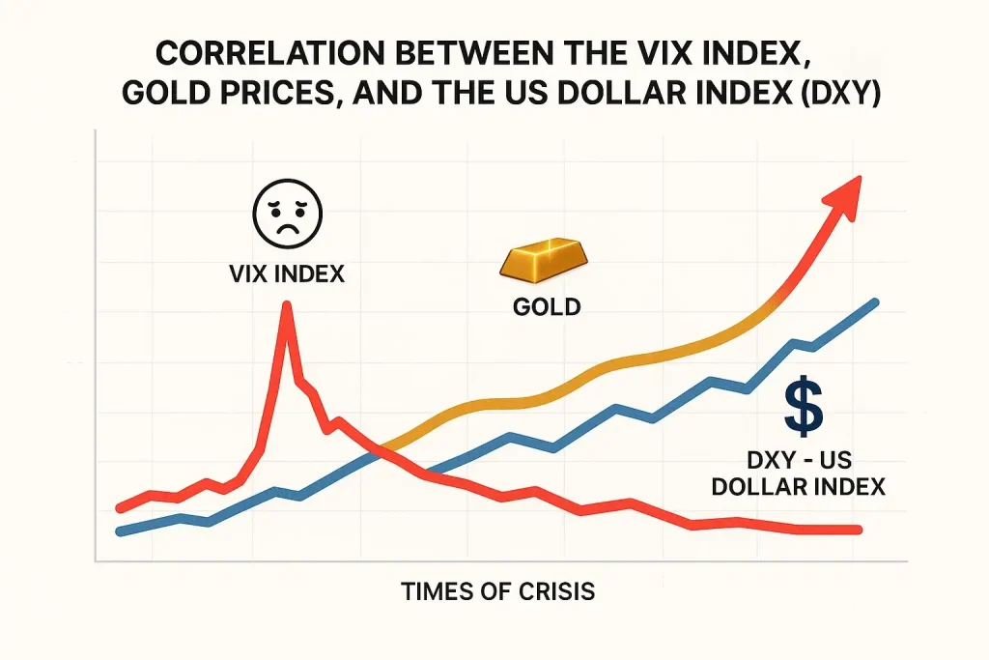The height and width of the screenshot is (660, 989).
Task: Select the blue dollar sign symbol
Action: coord(804,406)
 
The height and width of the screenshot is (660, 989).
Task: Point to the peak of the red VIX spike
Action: coord(286,305)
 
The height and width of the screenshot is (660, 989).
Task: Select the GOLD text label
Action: coord(546,308)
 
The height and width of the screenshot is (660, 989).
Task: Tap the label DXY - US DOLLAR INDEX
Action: coord(798,473)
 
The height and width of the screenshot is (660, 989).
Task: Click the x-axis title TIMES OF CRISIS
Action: coord(498,591)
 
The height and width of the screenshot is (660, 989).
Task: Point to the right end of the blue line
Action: coord(875,302)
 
